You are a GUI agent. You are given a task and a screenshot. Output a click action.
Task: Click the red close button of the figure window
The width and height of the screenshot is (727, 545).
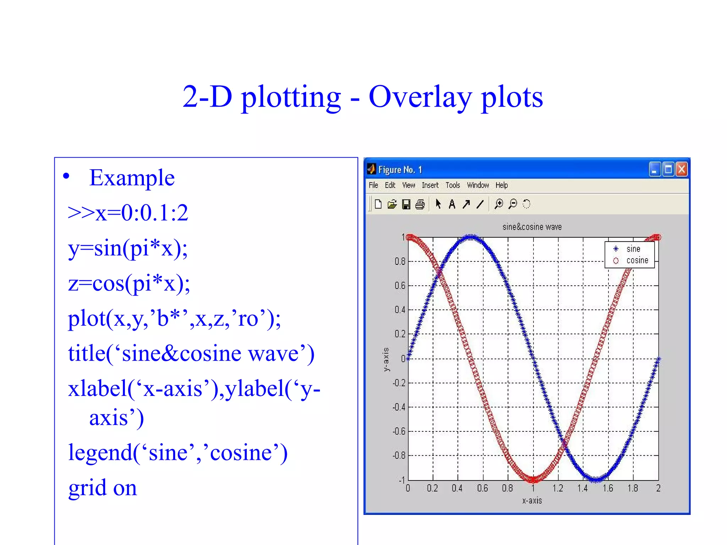(x=681, y=169)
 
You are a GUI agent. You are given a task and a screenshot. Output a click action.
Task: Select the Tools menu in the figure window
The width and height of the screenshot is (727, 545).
(x=453, y=185)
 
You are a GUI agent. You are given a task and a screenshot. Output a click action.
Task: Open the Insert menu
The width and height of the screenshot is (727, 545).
(x=430, y=185)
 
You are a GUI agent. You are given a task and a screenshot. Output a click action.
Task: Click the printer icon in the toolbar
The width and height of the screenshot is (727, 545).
(x=420, y=204)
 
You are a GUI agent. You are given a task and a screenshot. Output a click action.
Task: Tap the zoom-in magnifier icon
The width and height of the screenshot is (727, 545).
(x=499, y=204)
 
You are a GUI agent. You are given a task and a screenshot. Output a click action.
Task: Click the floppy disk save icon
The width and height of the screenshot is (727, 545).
(x=406, y=204)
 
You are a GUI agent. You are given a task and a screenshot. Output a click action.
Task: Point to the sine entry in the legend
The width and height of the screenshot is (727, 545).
(x=633, y=249)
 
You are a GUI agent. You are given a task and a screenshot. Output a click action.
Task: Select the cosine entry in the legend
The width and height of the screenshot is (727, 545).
(x=637, y=260)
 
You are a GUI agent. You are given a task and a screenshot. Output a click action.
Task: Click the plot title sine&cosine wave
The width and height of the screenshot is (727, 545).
(x=532, y=227)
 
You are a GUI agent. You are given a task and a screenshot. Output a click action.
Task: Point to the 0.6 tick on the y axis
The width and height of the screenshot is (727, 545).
(x=400, y=286)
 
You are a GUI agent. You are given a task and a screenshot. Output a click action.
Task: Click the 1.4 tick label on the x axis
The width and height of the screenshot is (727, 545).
(x=582, y=489)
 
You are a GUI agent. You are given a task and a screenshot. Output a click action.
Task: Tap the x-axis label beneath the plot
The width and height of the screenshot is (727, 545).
(x=532, y=501)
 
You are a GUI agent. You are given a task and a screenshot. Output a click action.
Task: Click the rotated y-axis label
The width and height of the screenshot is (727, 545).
(x=386, y=359)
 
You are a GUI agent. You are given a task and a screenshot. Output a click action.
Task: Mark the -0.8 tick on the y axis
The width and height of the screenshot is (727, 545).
(x=399, y=456)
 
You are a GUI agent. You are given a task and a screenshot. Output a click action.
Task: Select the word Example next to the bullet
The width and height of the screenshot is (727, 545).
(x=132, y=178)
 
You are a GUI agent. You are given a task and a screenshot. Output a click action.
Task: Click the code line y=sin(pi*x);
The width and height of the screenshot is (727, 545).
(x=128, y=248)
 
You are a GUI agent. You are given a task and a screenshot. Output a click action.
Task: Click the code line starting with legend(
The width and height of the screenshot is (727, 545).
(x=177, y=453)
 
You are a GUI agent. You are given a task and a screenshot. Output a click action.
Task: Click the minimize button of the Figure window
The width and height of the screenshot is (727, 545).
(x=655, y=169)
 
